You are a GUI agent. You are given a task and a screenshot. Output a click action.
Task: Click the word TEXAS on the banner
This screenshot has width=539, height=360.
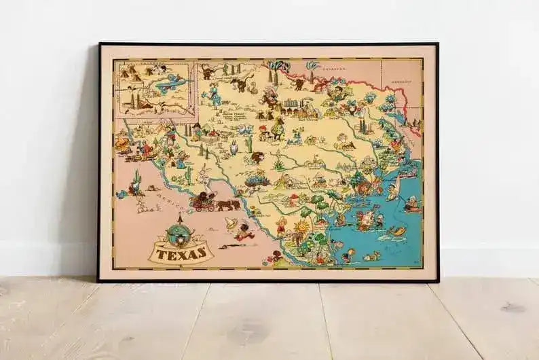(181, 254)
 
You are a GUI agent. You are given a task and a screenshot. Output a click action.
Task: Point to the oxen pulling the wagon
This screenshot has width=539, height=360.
(228, 204)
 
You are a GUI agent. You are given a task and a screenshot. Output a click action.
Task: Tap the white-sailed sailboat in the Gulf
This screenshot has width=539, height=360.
(393, 191)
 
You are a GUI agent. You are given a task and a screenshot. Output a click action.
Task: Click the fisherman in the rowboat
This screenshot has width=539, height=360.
(411, 203)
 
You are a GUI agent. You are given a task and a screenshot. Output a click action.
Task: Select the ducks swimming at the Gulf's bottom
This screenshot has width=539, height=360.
(373, 256)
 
